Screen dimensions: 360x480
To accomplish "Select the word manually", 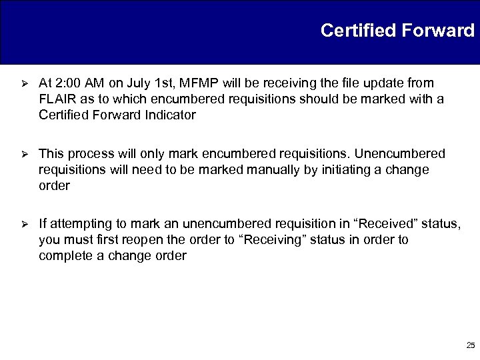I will (x=269, y=170).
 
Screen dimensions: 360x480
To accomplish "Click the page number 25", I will (x=470, y=345).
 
